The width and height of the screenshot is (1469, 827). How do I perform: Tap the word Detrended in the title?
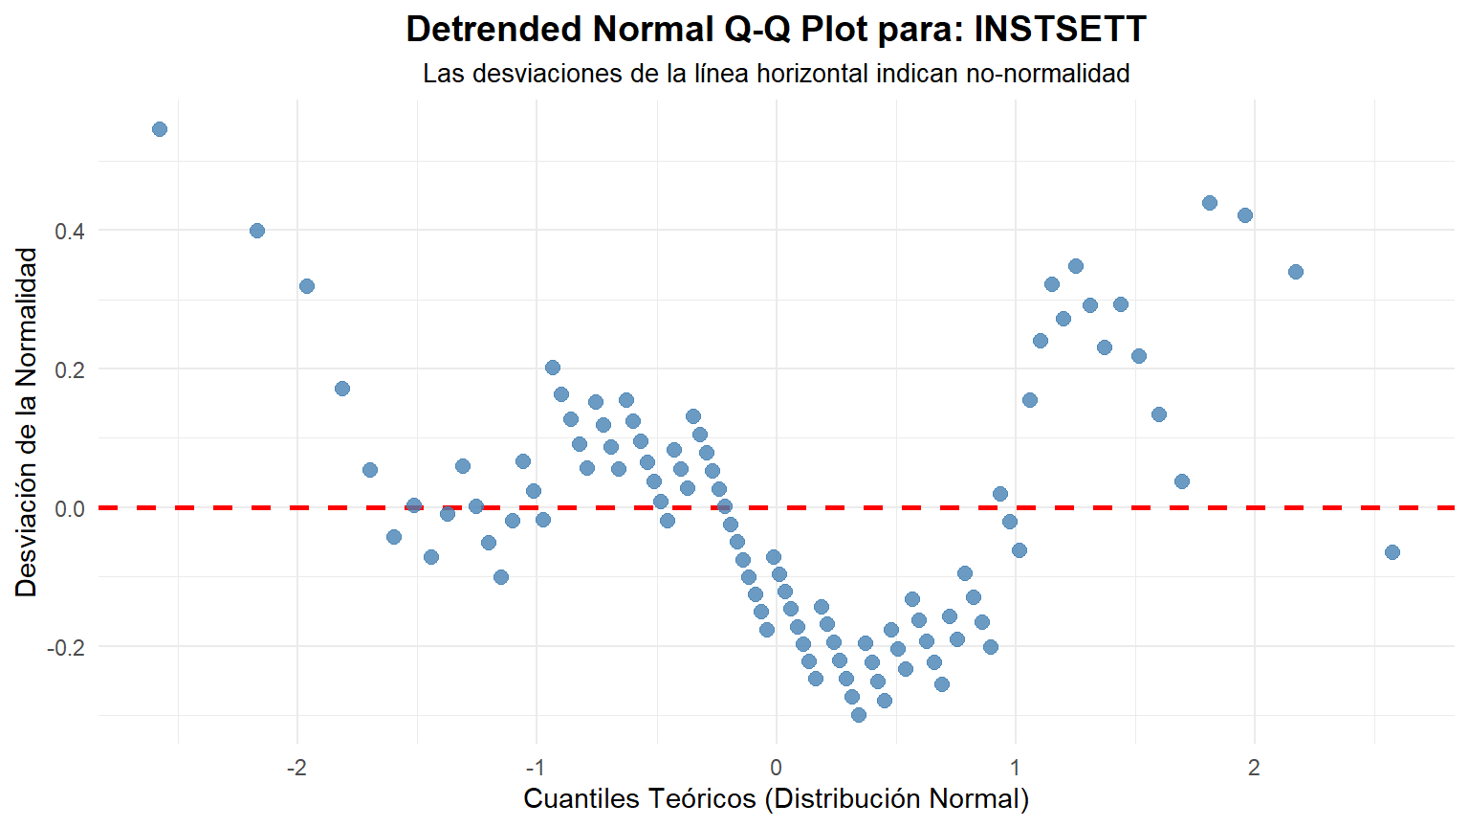(493, 30)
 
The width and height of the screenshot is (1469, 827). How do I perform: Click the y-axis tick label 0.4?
(70, 231)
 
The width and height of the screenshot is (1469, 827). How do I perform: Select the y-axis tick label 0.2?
(70, 369)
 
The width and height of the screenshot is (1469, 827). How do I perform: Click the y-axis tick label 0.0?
(70, 508)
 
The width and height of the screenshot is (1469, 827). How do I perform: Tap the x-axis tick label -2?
(296, 768)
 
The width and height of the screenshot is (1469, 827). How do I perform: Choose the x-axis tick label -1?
(536, 768)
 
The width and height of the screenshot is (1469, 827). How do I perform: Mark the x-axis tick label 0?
(776, 768)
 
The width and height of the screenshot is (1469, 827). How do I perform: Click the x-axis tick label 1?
(1015, 768)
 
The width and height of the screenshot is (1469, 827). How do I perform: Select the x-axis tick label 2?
(1254, 768)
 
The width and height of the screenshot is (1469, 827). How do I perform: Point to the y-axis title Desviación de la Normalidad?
(27, 422)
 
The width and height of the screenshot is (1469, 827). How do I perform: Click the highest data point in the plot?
(160, 129)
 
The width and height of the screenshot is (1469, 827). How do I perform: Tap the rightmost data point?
(1392, 552)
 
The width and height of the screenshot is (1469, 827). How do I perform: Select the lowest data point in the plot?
(859, 715)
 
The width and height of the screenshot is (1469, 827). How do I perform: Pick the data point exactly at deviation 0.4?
(257, 231)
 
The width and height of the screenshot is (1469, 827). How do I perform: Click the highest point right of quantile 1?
(1210, 203)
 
